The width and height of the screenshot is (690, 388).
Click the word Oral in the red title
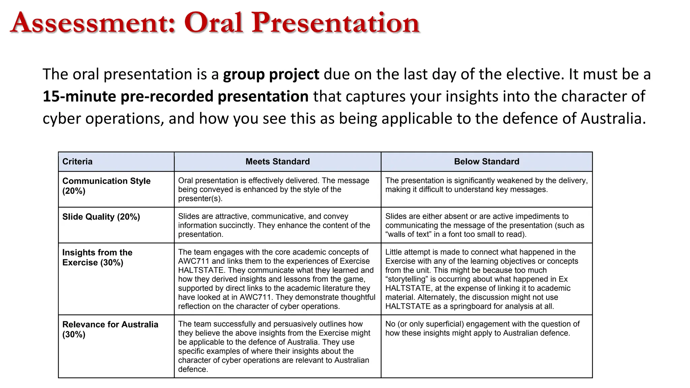click(213, 23)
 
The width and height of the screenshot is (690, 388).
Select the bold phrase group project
click(271, 74)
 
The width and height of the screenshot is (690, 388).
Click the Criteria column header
click(77, 162)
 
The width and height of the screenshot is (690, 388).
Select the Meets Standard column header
click(277, 162)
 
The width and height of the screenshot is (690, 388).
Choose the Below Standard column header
click(486, 162)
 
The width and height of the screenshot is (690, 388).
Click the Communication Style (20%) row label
click(106, 186)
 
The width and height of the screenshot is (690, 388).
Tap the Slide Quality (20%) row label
click(101, 217)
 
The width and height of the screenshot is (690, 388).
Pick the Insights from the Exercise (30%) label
click(97, 257)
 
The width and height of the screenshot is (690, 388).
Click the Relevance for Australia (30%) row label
click(110, 329)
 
